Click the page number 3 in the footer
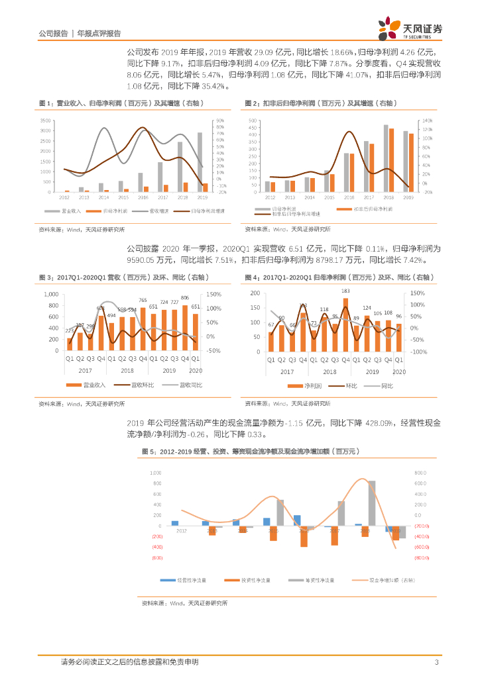(x=436, y=662)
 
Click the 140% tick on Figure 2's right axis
(x=427, y=121)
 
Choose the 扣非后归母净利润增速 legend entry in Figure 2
(x=298, y=215)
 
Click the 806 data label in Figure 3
(x=185, y=298)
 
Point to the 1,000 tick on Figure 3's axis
(x=51, y=294)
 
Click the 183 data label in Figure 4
(x=345, y=291)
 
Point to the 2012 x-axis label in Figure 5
(x=181, y=531)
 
